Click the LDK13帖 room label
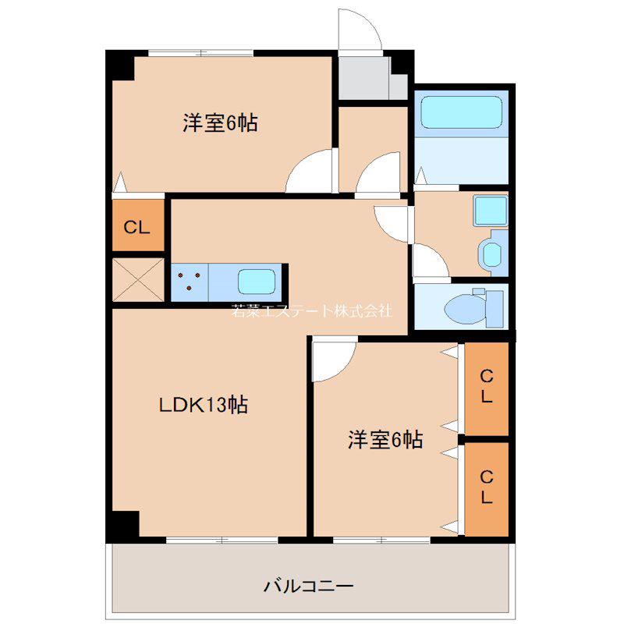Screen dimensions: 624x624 pyautogui.click(x=204, y=405)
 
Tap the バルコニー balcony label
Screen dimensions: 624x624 pyautogui.click(x=308, y=587)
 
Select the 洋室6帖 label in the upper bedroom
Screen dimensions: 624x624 pyautogui.click(x=220, y=123)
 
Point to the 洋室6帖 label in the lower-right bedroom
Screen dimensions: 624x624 pyautogui.click(x=385, y=440)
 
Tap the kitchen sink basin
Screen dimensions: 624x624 pyautogui.click(x=257, y=281)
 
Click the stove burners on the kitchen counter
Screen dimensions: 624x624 pyautogui.click(x=189, y=281)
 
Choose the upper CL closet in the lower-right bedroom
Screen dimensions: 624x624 pyautogui.click(x=487, y=388)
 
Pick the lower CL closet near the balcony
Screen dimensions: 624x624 pyautogui.click(x=487, y=490)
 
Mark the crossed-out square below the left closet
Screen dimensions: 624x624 pyautogui.click(x=138, y=280)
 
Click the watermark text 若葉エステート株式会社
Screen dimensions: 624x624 pyautogui.click(x=311, y=310)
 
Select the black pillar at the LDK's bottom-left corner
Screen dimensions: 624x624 pyautogui.click(x=122, y=524)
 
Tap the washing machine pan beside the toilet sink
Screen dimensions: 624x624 pyautogui.click(x=493, y=253)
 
